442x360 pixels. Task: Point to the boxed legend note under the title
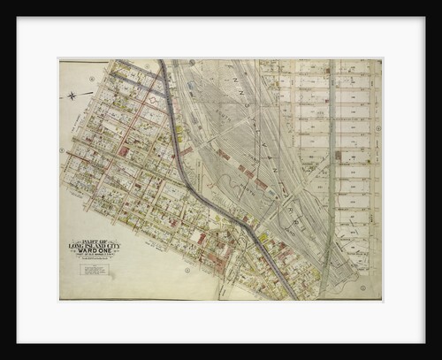tap(94, 268)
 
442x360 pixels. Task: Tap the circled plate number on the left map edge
tap(62, 150)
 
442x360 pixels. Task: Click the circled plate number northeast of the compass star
tap(92, 79)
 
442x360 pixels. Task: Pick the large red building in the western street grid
tap(123, 151)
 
